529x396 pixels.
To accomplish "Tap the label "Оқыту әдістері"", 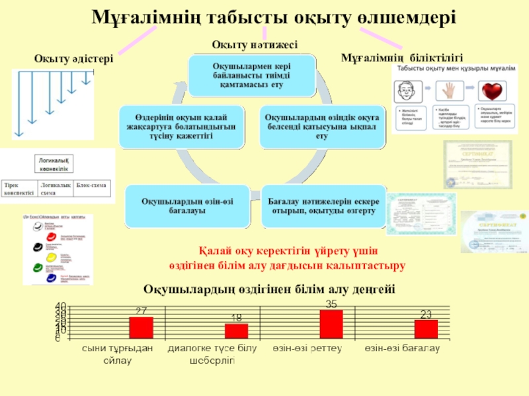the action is [x=73, y=59].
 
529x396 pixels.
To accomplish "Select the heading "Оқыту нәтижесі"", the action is [x=255, y=44].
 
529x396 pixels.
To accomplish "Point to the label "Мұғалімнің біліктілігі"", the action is [x=401, y=58].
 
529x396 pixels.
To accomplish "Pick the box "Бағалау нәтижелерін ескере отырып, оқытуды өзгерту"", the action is [x=321, y=206].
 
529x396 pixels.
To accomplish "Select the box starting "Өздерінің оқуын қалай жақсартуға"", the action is [x=180, y=126].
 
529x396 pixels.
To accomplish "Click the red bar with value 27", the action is [x=141, y=327].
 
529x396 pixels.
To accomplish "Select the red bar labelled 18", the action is [x=236, y=331].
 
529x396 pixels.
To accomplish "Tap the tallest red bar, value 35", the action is [x=331, y=324].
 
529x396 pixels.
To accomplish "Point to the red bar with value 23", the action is [x=426, y=329].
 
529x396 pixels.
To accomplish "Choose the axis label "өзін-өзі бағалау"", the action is [x=402, y=348].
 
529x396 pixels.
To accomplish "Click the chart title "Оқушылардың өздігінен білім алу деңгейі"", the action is [x=269, y=289].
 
